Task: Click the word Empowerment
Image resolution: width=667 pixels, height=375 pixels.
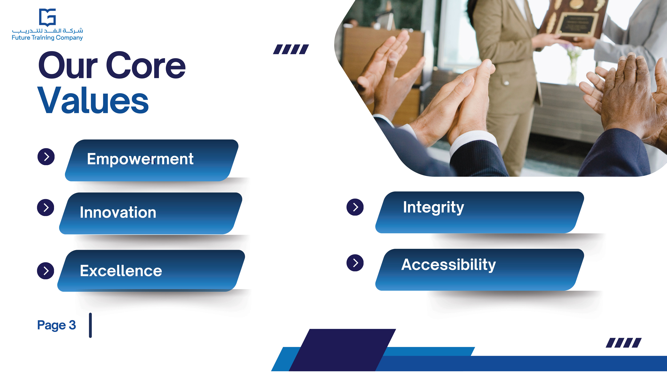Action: [140, 159]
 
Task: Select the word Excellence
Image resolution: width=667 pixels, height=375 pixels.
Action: [121, 271]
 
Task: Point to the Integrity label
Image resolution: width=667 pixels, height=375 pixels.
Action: [433, 208]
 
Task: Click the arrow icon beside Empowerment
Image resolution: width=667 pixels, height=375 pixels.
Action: [46, 157]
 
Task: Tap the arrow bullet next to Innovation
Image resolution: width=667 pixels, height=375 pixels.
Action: [46, 207]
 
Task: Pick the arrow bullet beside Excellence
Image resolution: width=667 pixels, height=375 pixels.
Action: [46, 271]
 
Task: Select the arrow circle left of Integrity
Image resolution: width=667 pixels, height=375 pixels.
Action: [355, 207]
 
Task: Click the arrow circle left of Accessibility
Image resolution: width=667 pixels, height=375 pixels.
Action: [355, 263]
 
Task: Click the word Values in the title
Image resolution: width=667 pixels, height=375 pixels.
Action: [93, 100]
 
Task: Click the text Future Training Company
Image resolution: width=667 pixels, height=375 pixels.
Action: [47, 38]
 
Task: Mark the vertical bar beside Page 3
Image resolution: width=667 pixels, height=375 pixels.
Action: [90, 325]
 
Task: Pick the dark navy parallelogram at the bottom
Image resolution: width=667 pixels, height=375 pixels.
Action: [342, 350]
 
